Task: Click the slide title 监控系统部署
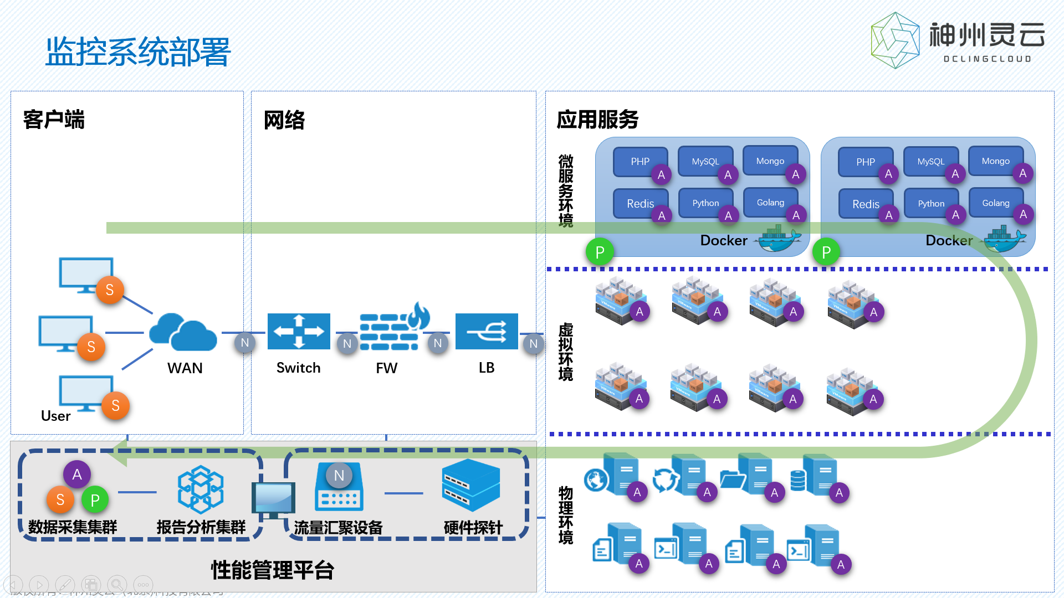(137, 52)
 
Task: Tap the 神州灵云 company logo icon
(895, 41)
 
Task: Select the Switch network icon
(299, 331)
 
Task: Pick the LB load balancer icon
(487, 331)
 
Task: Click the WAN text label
(185, 368)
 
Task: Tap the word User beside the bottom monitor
(55, 416)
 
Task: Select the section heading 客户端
(54, 120)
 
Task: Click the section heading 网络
(284, 120)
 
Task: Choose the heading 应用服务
(597, 120)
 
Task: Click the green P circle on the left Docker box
(600, 252)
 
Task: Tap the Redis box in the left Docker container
(640, 203)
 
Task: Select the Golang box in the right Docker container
(995, 203)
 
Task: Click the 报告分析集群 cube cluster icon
(201, 489)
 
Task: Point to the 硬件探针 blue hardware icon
(471, 485)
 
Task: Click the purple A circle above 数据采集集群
(77, 474)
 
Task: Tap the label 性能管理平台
(272, 570)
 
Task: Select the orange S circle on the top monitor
(110, 290)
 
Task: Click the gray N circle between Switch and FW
(347, 343)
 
